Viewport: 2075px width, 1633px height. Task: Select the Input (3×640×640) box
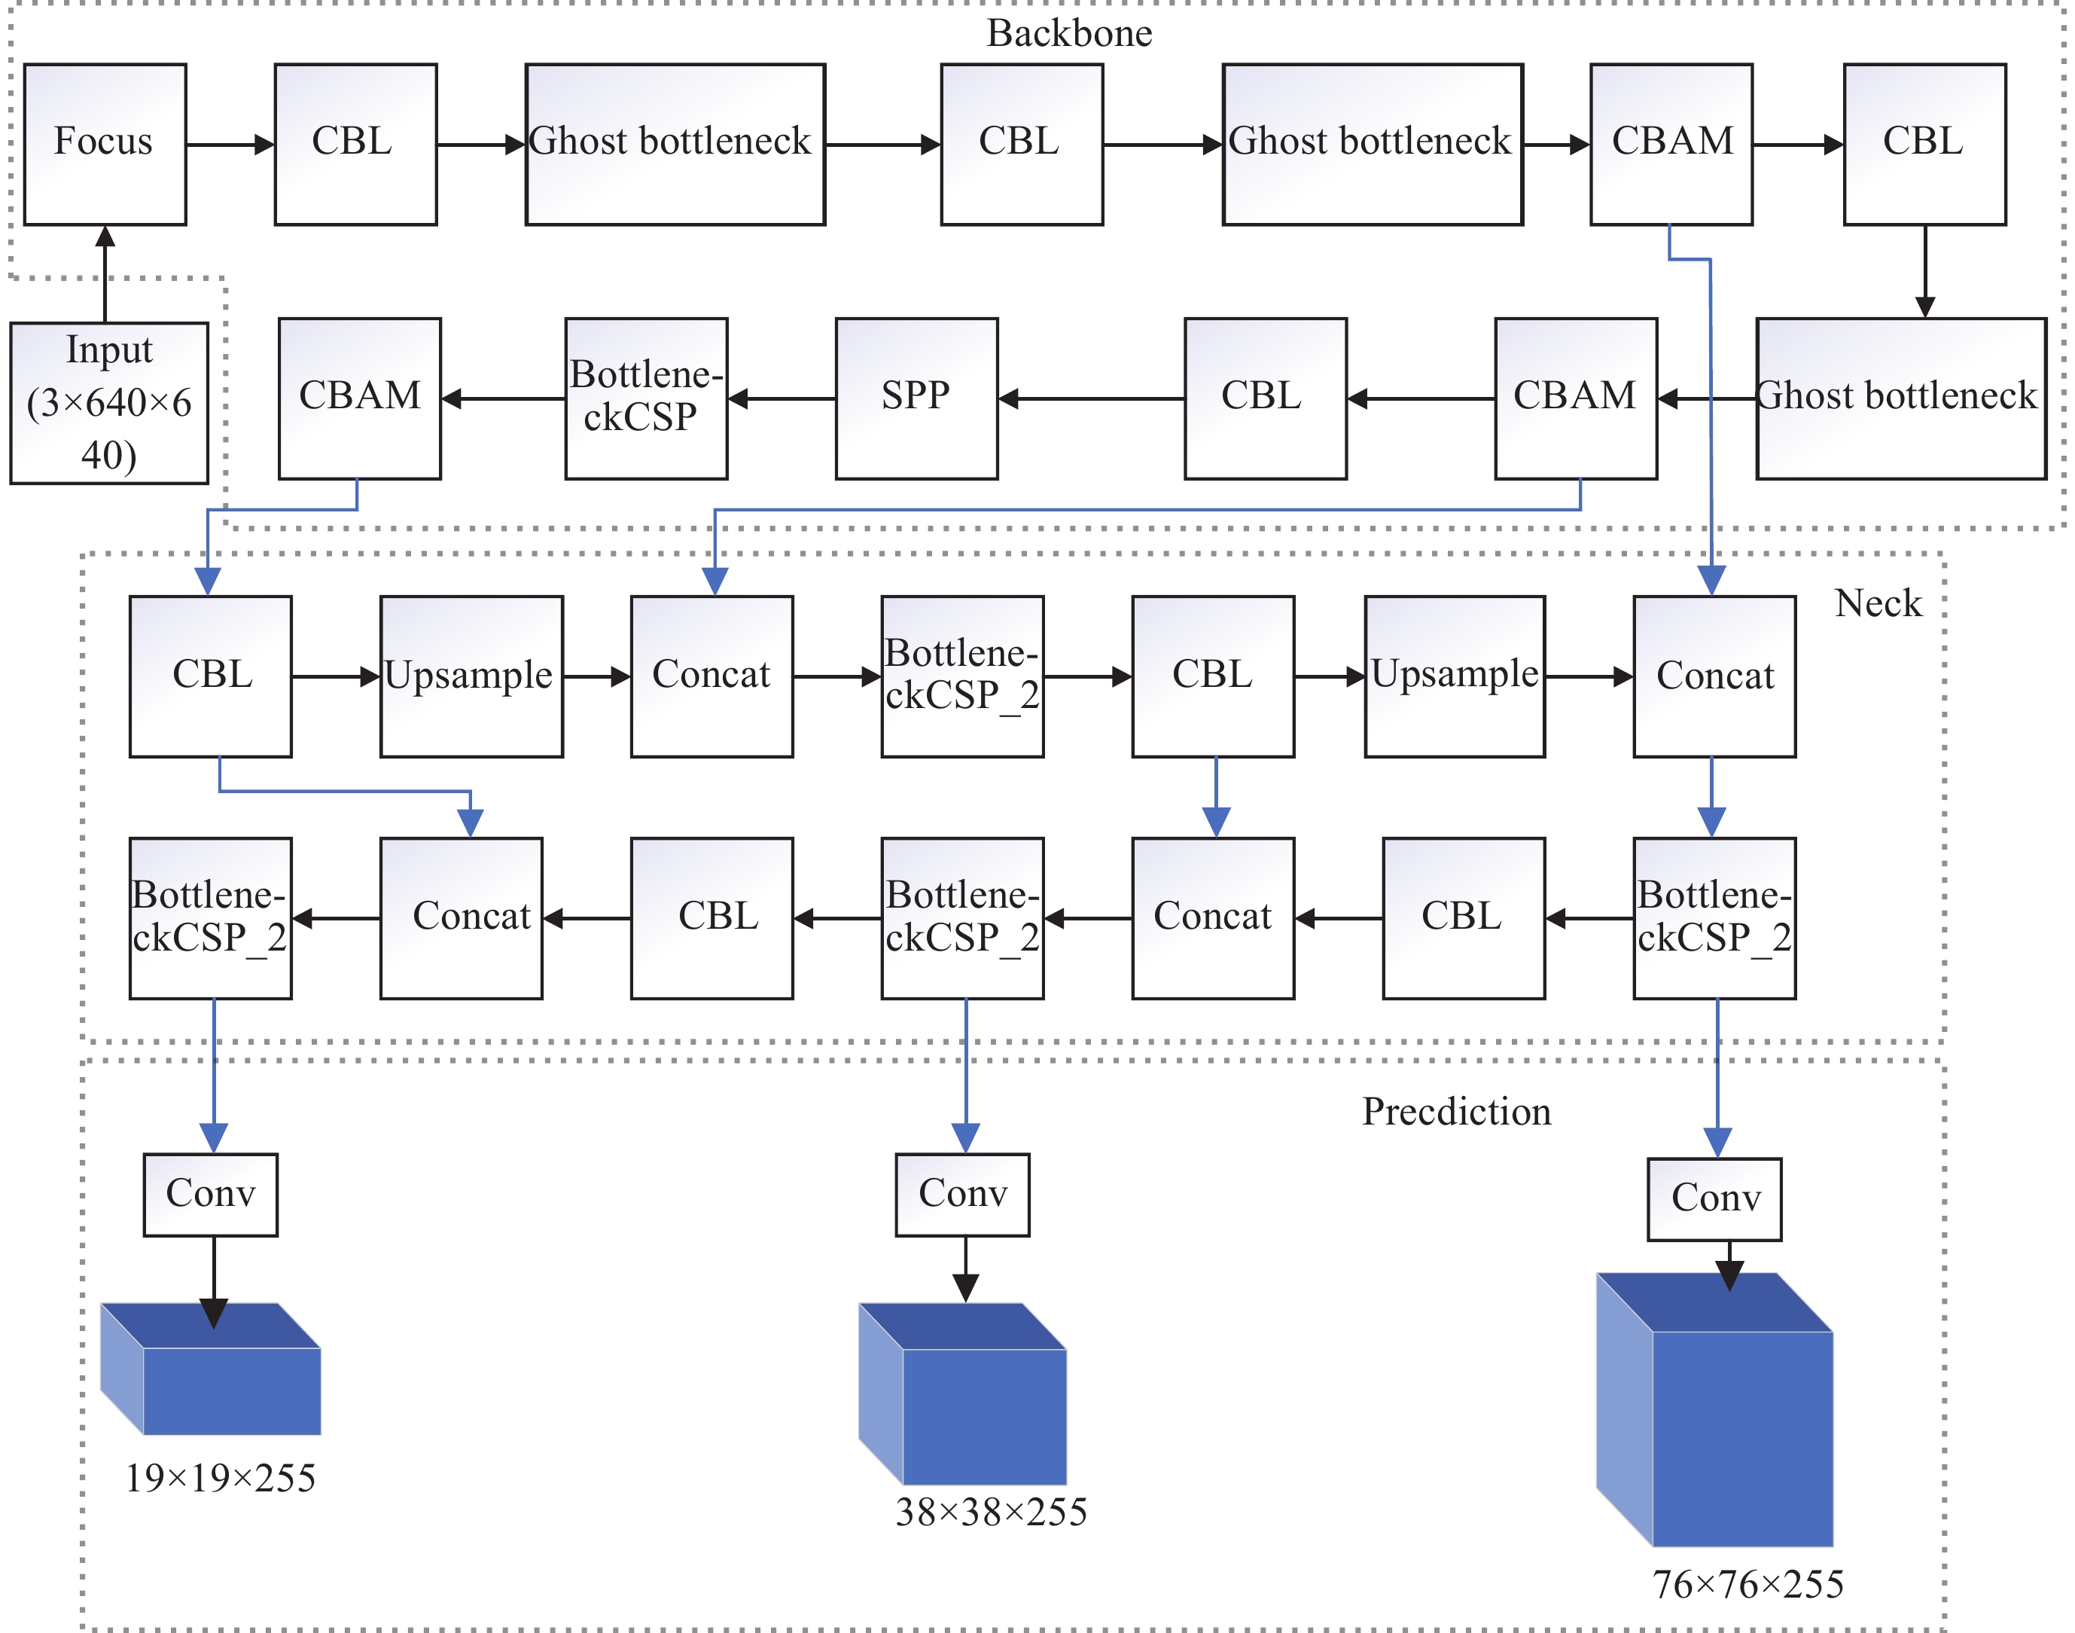109,402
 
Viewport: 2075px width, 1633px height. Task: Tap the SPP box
916,398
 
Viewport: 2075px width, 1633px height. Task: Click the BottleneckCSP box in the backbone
645,398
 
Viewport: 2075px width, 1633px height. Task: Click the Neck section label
1877,603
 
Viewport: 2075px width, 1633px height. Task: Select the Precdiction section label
1455,1112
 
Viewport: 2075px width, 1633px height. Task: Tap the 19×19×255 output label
220,1478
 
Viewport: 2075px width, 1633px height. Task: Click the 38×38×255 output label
991,1512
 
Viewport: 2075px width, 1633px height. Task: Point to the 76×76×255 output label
1747,1584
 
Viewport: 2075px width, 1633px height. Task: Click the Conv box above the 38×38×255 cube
962,1194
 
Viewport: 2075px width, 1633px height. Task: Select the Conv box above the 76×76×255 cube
1714,1199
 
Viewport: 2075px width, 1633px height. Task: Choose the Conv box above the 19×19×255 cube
210,1194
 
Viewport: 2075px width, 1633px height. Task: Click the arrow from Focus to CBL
230,145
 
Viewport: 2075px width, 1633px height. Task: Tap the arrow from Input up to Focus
105,273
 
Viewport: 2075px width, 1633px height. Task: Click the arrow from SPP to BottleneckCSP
781,398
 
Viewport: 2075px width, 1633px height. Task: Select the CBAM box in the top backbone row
1671,145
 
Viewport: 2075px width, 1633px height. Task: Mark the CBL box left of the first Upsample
210,676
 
